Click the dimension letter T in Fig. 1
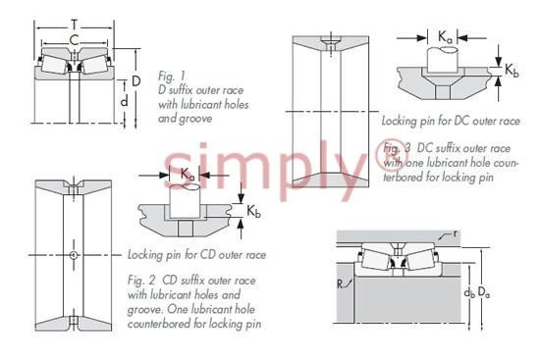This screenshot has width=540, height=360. tap(74, 26)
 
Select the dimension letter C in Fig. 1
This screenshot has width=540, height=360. tap(74, 40)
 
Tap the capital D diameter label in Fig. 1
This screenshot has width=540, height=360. tap(136, 81)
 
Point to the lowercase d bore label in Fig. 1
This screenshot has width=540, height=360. tap(125, 101)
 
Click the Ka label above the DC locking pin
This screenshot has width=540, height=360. tap(445, 37)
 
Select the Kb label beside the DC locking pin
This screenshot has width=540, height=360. tap(512, 71)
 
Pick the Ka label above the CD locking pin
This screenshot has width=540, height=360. tap(188, 174)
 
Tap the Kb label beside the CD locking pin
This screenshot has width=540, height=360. tap(253, 211)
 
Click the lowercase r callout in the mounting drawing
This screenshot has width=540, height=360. tap(456, 233)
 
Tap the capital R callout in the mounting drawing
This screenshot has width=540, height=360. tap(341, 284)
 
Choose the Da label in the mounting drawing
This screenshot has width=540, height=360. tap(484, 293)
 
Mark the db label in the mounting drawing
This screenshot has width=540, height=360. tap(469, 293)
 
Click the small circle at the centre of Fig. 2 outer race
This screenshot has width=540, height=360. tap(74, 255)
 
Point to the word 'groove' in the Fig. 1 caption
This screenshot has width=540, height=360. tap(196, 119)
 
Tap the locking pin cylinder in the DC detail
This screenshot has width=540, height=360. tap(443, 59)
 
